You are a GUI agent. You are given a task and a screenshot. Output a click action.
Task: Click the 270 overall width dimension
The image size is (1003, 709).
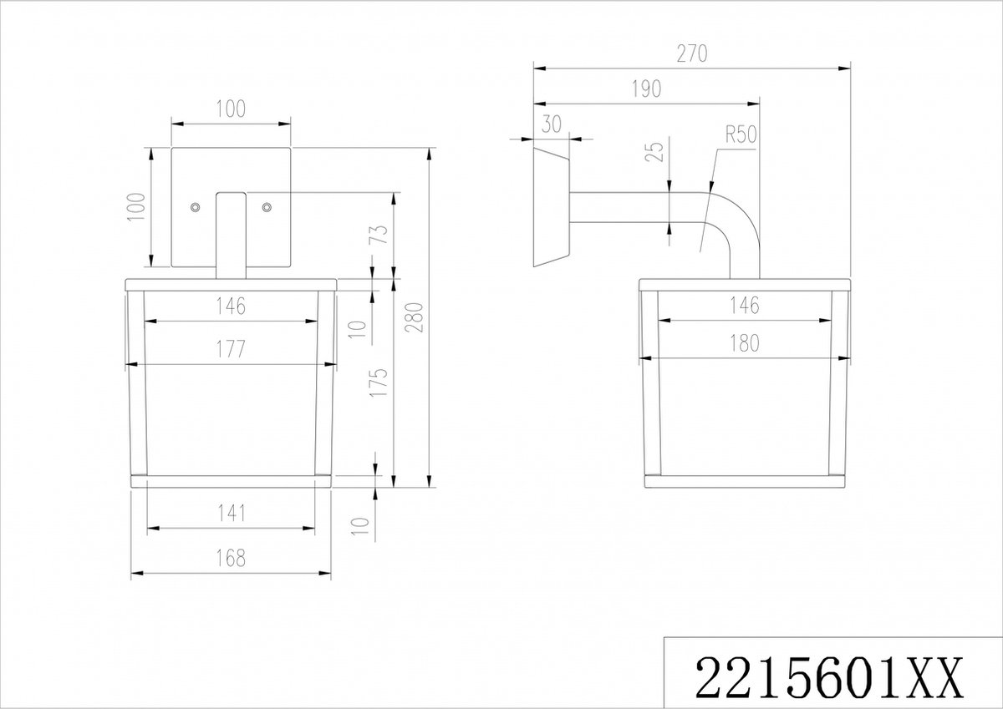(692, 53)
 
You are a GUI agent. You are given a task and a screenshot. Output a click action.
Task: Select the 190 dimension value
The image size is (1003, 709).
(647, 89)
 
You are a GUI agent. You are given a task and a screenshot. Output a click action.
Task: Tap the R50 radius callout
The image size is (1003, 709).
(741, 134)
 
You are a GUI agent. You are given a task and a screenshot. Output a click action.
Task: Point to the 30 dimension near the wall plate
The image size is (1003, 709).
(551, 124)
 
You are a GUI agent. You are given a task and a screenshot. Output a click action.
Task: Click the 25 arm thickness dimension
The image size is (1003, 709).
(654, 151)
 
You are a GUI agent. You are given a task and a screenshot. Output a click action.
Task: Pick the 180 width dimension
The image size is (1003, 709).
(744, 343)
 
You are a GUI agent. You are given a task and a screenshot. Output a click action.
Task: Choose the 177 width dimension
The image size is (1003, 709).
(231, 349)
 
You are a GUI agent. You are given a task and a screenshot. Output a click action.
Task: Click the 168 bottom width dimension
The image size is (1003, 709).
(231, 558)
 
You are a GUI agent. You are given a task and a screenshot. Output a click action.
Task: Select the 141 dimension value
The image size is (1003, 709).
(231, 514)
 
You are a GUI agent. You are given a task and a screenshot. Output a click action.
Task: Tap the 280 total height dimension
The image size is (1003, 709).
(414, 317)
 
